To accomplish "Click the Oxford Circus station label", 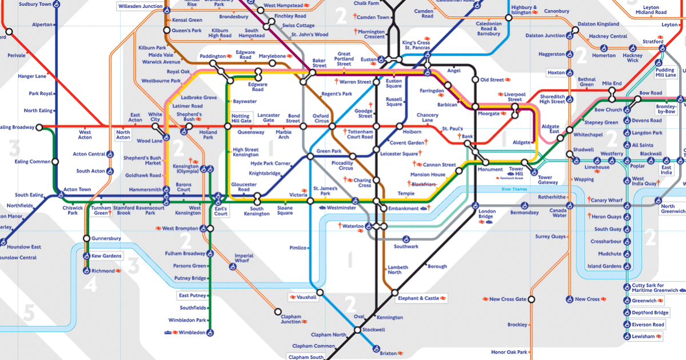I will coord(321,119).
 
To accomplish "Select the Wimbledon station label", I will coord(192,332).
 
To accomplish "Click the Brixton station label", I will coord(388,354).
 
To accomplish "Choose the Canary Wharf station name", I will coord(607,201).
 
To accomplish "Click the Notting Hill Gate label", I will coord(241,119).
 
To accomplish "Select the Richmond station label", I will coord(103,271).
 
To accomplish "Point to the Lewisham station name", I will coord(643,337).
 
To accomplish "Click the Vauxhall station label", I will coord(306,298).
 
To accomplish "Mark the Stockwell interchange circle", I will coord(357,330).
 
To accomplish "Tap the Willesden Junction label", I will coord(140,7).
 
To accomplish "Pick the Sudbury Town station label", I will coord(35,4).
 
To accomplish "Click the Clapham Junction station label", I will coord(290,318).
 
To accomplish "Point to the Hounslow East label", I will coord(24,247).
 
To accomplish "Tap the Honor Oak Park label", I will coord(508,351).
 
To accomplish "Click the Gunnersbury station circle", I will coord(86,238).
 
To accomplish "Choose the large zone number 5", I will coord(30,312).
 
